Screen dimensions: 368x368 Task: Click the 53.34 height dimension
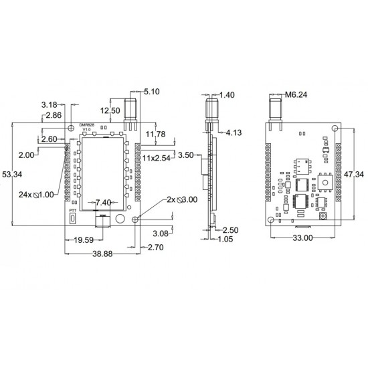(12, 175)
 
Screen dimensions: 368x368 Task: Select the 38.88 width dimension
(102, 254)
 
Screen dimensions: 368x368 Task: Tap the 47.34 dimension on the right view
(354, 175)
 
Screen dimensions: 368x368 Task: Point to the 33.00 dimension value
(302, 238)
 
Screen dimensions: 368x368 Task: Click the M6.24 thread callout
(296, 94)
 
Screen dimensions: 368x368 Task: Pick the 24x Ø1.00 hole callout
(36, 195)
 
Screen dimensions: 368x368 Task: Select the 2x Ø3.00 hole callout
(182, 200)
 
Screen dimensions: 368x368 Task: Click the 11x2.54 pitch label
(157, 158)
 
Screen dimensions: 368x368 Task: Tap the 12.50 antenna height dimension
(110, 110)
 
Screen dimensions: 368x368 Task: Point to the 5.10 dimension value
(152, 92)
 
